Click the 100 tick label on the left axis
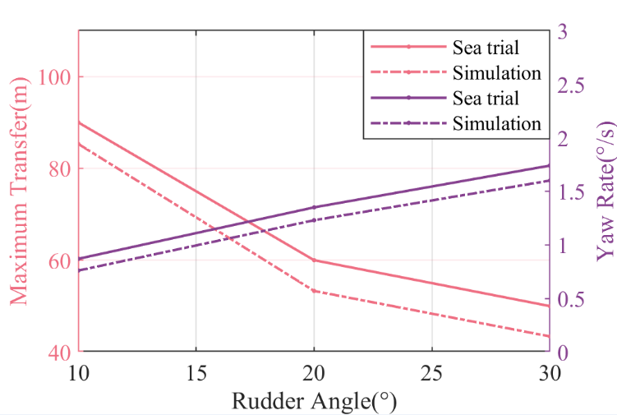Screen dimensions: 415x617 click(55, 77)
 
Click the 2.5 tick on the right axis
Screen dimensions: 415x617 click(573, 85)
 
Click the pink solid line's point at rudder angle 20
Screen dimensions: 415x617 click(314, 260)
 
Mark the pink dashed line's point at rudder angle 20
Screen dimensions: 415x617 click(314, 291)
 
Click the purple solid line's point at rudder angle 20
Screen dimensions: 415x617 click(314, 207)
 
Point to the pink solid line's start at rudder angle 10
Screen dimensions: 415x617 click(78, 122)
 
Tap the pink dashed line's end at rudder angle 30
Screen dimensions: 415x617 click(549, 336)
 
